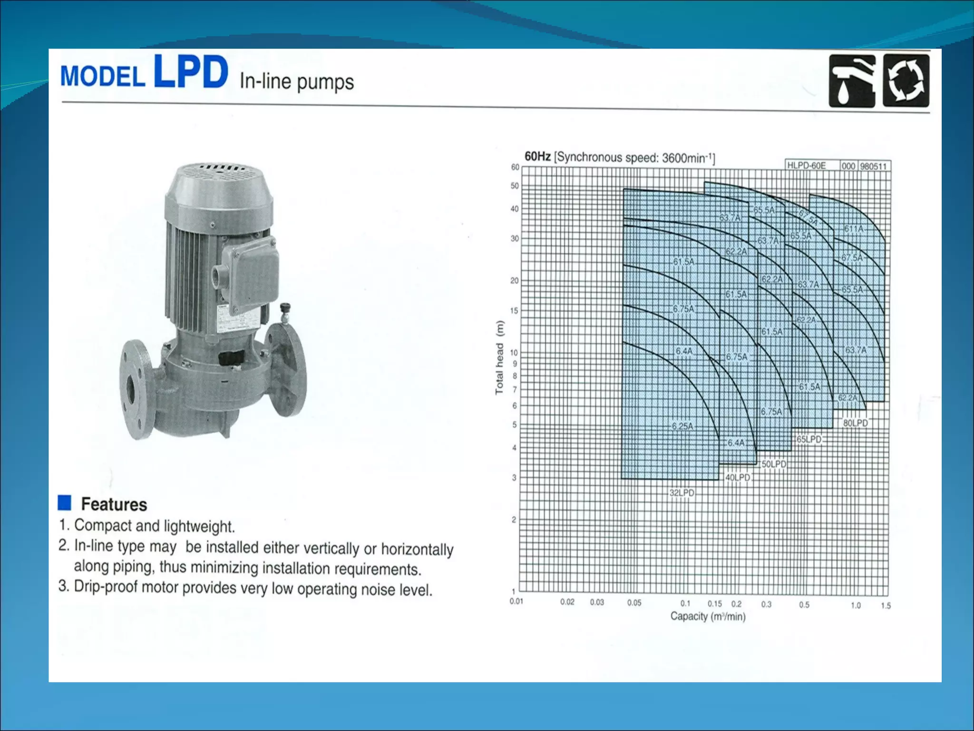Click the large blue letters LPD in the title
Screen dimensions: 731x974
(191, 72)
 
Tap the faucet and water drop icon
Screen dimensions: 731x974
(852, 81)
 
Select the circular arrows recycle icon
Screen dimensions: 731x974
(906, 81)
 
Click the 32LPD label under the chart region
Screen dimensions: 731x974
(682, 493)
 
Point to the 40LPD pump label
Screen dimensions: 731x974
(738, 477)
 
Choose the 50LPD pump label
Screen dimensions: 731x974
(774, 464)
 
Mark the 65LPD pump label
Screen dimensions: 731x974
(809, 439)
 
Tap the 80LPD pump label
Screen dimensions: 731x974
(856, 423)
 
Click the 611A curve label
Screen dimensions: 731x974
(854, 229)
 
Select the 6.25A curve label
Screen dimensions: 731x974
(682, 426)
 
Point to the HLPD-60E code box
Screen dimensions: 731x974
(807, 166)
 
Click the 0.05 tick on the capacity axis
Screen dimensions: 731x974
(634, 603)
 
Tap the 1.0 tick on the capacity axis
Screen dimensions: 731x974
(856, 605)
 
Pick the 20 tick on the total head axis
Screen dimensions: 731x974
(514, 281)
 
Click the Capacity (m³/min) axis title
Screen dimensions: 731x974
(708, 617)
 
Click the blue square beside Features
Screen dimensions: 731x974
(64, 503)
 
